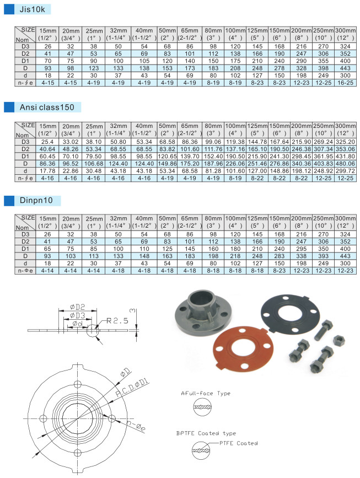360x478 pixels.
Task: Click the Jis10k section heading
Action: coord(32,9)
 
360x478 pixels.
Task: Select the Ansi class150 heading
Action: coord(47,108)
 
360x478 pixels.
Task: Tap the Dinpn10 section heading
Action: coord(36,200)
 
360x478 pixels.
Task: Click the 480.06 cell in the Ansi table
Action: coord(345,164)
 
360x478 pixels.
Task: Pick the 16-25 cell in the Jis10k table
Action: coord(345,83)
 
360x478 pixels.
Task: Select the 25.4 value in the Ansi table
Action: coord(47,142)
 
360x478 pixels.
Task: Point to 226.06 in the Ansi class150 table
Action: coord(235,164)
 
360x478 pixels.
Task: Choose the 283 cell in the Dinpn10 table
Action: coord(279,256)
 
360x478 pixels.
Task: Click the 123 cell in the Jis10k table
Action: coord(94,68)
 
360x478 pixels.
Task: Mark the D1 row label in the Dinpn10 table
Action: coord(25,249)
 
